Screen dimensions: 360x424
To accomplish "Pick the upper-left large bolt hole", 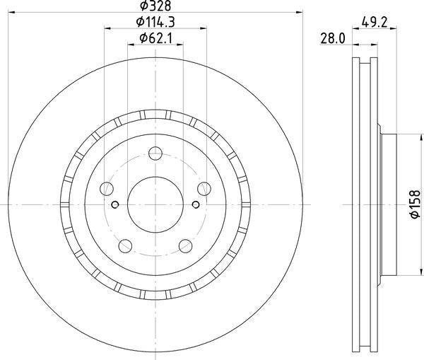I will pyautogui.click(x=107, y=189).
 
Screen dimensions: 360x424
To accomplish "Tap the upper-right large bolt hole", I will pyautogui.click(x=205, y=188).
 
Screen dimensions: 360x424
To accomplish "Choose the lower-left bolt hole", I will pyautogui.click(x=126, y=245).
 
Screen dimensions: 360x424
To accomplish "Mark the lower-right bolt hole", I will pyautogui.click(x=186, y=245).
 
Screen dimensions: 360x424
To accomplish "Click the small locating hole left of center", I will pyautogui.click(x=114, y=205).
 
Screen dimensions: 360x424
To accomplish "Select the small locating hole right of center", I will pyautogui.click(x=196, y=205).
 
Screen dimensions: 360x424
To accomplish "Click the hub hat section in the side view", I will pyautogui.click(x=388, y=205).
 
